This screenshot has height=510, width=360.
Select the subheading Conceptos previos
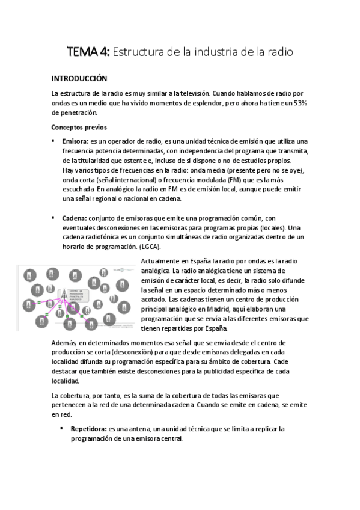[x=79, y=127]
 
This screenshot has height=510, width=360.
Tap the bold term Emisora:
[x=75, y=140]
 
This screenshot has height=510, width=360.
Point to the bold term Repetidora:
[x=88, y=429]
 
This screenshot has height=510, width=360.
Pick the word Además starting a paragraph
[x=64, y=342]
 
